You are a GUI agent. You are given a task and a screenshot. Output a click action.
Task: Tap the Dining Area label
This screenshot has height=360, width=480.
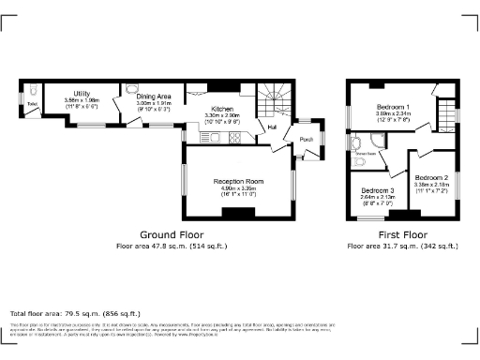154,97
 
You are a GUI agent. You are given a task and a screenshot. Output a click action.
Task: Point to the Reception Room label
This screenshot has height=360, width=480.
238,181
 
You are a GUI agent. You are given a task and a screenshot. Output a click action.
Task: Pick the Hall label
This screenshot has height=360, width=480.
273,127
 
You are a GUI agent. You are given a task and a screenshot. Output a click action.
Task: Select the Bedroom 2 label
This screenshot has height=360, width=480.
432,177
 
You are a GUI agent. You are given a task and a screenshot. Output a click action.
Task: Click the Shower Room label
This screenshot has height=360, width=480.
365,152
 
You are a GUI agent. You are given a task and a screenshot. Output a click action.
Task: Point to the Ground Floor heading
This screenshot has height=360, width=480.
172,234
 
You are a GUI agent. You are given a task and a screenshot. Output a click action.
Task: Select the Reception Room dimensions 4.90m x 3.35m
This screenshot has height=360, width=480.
238,188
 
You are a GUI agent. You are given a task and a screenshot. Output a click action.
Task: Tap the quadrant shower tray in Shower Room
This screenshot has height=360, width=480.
355,142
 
